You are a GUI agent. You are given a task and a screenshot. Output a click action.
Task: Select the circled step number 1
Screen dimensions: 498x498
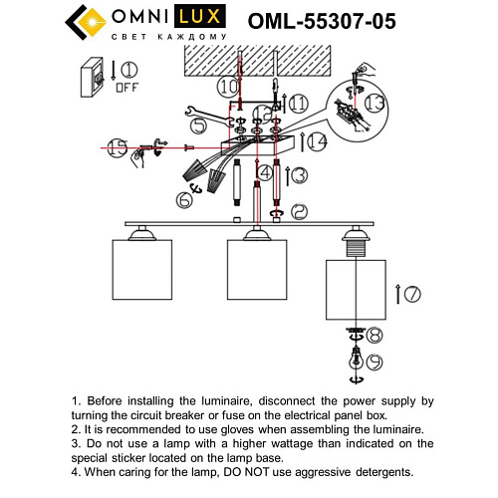tap(128, 70)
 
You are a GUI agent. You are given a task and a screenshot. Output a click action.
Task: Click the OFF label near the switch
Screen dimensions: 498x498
tap(125, 87)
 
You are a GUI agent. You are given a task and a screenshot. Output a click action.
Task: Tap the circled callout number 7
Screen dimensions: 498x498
tap(413, 295)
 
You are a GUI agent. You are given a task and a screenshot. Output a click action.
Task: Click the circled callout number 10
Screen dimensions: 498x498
tap(229, 88)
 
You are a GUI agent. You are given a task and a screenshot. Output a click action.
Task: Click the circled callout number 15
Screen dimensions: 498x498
tap(118, 148)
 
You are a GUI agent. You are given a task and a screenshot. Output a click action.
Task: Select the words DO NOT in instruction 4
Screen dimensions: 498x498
tap(288, 472)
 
